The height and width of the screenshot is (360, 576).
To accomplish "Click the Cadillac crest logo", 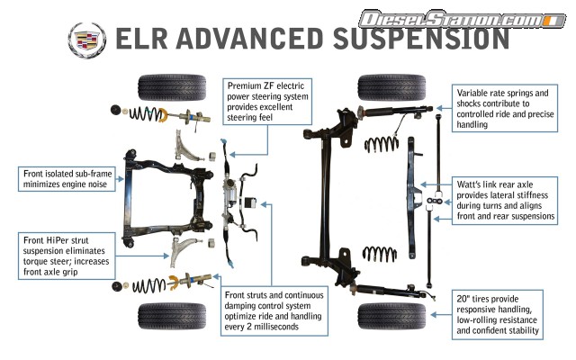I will coord(85,39).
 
